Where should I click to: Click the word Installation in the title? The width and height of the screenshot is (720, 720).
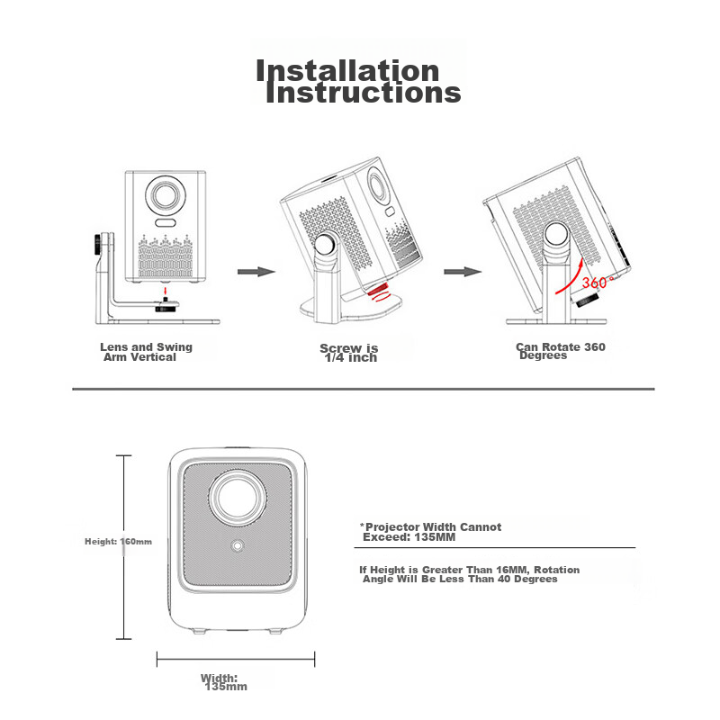(x=347, y=71)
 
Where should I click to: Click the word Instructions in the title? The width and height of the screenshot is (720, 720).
(x=363, y=93)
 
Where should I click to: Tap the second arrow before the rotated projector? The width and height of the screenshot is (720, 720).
(x=462, y=270)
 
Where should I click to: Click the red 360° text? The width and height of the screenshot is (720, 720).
(x=596, y=283)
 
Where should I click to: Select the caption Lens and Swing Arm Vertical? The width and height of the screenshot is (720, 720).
(x=146, y=352)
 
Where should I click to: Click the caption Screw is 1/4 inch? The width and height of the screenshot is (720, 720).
(x=349, y=353)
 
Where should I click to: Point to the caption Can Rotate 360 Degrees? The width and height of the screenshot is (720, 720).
(x=560, y=351)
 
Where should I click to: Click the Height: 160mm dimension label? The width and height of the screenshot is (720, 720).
(x=118, y=542)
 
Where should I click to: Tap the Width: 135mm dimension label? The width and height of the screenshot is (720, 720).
(x=221, y=682)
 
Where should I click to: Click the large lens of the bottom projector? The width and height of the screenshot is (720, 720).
(x=239, y=497)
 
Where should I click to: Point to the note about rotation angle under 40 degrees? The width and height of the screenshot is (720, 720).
(x=470, y=574)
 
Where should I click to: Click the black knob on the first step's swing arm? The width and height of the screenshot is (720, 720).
(x=96, y=245)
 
